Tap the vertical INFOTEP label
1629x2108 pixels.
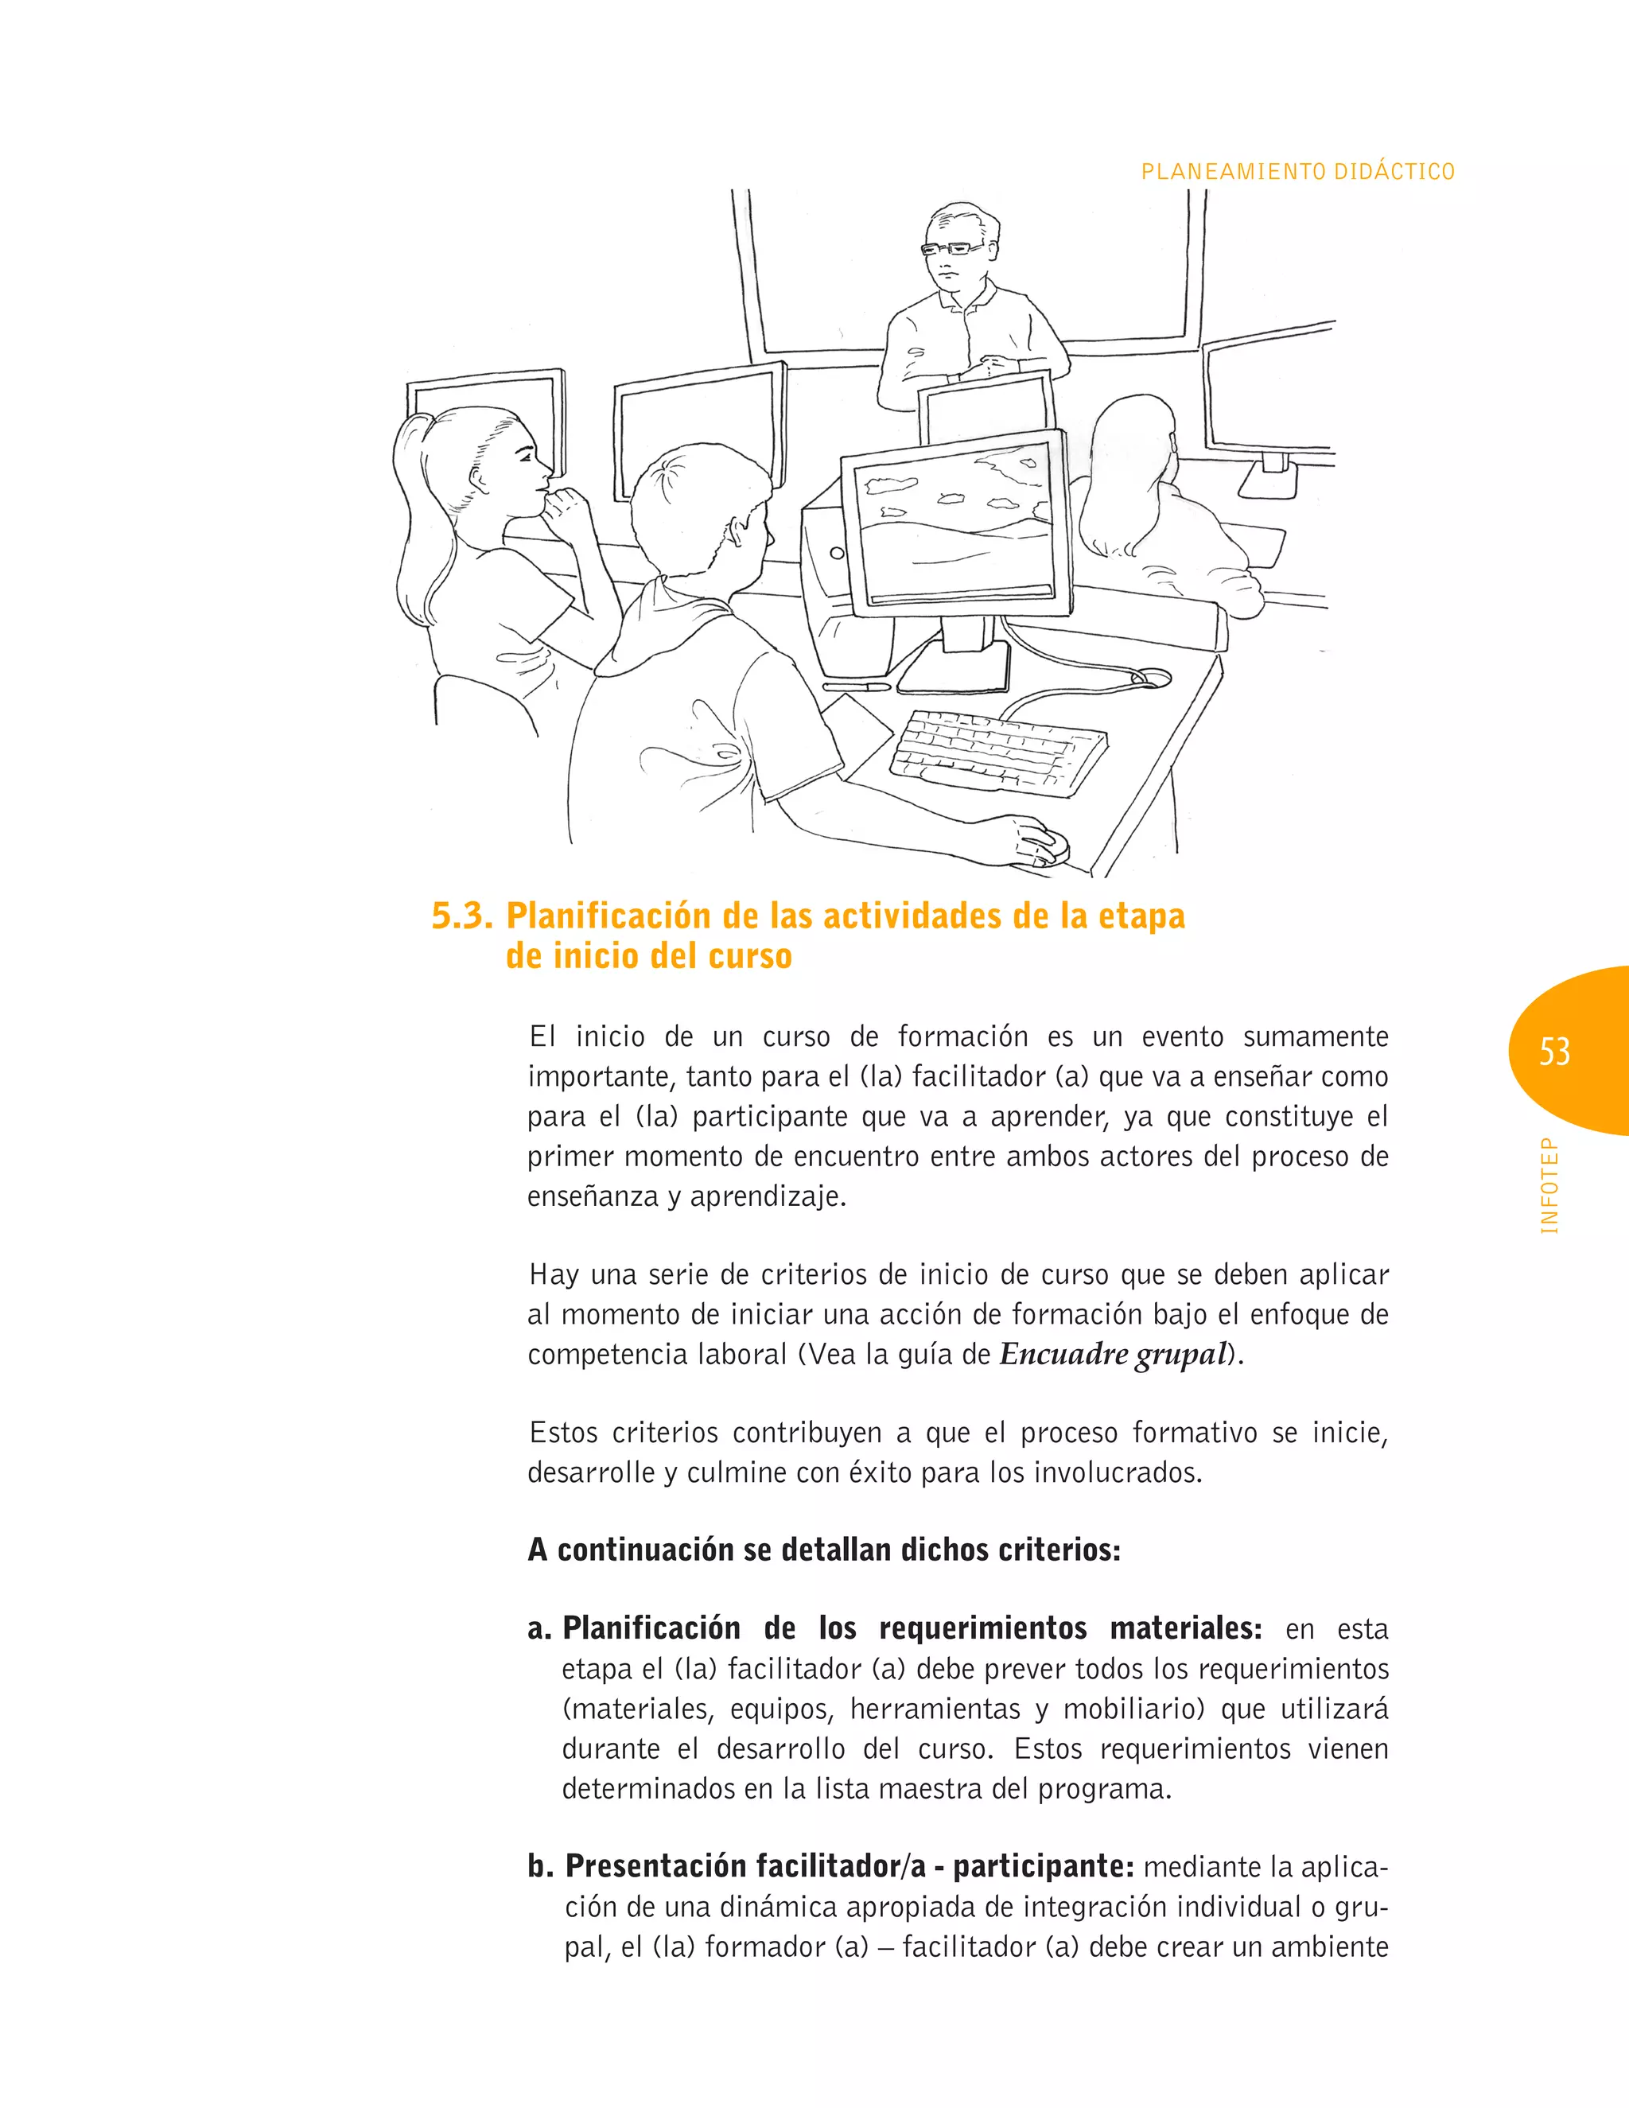click(x=1549, y=1186)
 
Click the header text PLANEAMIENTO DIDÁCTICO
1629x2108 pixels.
click(x=1297, y=172)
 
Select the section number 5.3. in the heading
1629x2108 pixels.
click(x=461, y=916)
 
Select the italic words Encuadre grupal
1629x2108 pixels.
click(x=1112, y=1354)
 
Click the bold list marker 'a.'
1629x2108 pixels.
click(x=538, y=1629)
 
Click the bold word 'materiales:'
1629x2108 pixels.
click(x=1185, y=1628)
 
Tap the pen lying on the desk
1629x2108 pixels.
click(x=856, y=686)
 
